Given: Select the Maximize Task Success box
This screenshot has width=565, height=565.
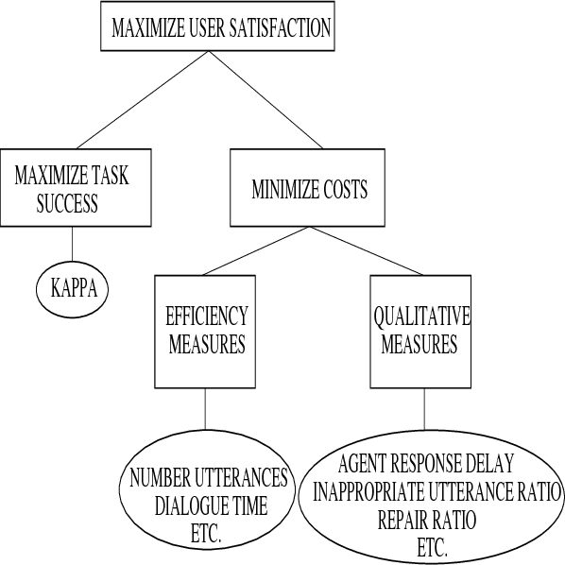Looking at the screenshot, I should [x=72, y=189].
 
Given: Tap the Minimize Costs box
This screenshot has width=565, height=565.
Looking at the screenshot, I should [x=309, y=189].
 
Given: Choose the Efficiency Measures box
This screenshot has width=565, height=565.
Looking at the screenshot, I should [x=206, y=331].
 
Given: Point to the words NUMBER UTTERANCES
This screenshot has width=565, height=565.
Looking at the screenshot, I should [x=210, y=477].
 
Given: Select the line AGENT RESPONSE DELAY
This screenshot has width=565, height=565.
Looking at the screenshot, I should [x=426, y=465].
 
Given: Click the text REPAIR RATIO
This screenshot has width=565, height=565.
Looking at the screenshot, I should [x=427, y=520].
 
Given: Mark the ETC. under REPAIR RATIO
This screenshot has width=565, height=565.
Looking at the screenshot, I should [x=432, y=547].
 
